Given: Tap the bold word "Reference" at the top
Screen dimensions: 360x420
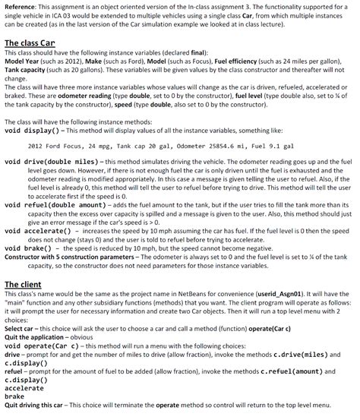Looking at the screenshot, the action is coord(19,6).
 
